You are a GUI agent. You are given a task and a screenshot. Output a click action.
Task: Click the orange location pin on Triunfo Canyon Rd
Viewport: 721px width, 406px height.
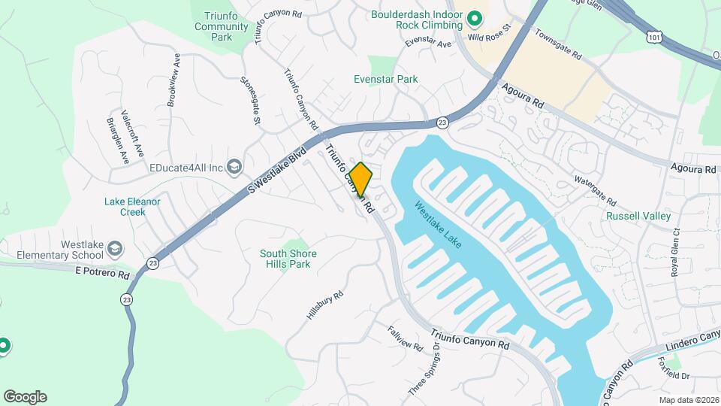361,179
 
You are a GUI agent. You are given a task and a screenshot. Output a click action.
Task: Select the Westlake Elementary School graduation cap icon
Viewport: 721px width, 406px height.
115,248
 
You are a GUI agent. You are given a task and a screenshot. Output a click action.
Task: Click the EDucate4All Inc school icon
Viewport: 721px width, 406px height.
234,166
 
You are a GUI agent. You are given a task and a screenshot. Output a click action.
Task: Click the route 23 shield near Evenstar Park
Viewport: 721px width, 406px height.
442,122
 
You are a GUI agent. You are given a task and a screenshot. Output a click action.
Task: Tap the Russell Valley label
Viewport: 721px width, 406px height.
638,216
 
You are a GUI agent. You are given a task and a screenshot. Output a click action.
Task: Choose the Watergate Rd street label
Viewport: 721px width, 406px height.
595,191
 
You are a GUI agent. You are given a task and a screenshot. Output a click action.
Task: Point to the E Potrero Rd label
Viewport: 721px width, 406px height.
102,274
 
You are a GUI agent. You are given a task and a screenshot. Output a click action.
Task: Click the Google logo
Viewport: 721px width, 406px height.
25,397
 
